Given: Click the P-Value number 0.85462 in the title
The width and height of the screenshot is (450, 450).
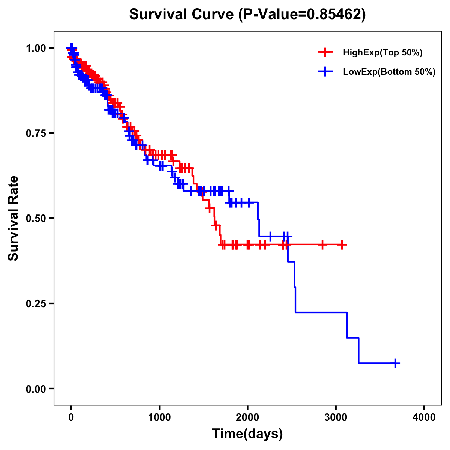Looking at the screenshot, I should (x=334, y=14).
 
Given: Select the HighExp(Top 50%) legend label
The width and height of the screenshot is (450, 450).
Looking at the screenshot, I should (x=383, y=53).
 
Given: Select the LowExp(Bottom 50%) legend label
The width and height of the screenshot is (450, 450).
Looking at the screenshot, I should (x=389, y=72).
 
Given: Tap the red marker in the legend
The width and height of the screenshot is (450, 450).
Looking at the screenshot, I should (x=325, y=53).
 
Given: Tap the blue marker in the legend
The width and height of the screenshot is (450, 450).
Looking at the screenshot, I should (x=325, y=72).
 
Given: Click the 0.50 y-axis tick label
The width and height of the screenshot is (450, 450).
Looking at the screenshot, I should (x=36, y=218).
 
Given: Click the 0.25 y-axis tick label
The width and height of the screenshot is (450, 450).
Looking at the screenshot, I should (x=36, y=303).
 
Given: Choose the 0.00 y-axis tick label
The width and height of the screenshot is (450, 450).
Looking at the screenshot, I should (x=36, y=388).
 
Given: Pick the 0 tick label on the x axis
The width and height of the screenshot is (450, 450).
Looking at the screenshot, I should (x=71, y=417).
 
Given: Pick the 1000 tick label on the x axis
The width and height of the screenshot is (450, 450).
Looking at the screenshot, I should (x=159, y=417).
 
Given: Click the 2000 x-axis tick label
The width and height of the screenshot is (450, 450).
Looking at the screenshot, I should (x=247, y=417).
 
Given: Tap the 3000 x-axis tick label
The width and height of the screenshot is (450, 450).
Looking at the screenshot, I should (x=336, y=417).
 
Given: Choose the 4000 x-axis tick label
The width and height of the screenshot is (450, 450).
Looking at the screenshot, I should (x=424, y=417).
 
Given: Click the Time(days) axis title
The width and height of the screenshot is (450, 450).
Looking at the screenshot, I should (x=247, y=434).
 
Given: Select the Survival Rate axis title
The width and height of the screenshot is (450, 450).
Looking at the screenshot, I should (x=14, y=218).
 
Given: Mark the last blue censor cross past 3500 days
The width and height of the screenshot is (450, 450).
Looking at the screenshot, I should (x=395, y=363).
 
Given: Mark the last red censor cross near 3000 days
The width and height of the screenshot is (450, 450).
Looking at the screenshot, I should (x=342, y=244).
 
